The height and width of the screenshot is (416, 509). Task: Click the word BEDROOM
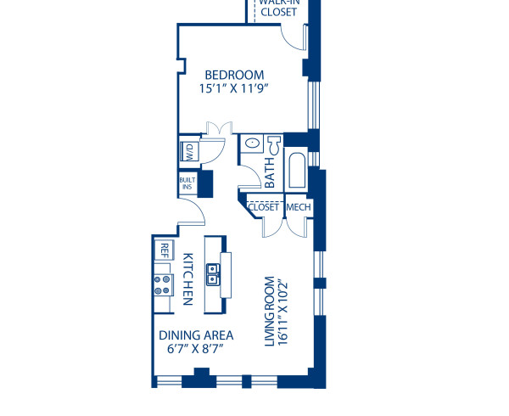click(x=235, y=75)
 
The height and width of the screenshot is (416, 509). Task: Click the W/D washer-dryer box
click(x=188, y=153)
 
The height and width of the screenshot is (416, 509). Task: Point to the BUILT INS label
click(x=187, y=183)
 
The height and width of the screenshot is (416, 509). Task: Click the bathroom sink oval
click(x=252, y=144)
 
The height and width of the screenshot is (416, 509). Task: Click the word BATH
click(x=270, y=174)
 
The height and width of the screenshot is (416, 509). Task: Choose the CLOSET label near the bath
click(x=263, y=207)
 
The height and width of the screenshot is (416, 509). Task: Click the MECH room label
click(x=297, y=207)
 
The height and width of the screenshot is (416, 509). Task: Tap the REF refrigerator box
click(x=163, y=250)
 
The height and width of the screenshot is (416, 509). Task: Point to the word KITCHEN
click(x=188, y=280)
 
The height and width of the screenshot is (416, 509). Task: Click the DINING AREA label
click(x=196, y=334)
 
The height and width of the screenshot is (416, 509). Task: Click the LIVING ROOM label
click(x=270, y=311)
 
